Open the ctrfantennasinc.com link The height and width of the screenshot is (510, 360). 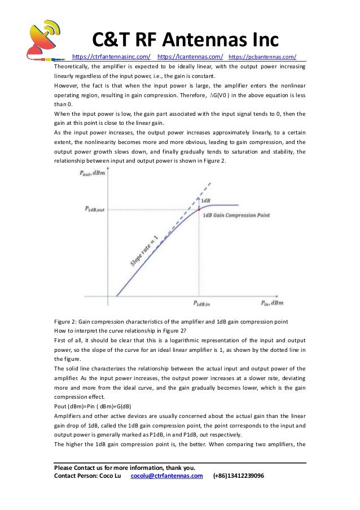tap(112, 56)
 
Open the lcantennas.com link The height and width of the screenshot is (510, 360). tap(190, 56)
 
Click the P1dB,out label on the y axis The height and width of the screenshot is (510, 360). tap(95, 209)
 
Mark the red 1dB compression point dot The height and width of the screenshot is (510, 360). tap(200, 210)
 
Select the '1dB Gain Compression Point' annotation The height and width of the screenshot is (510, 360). tap(236, 215)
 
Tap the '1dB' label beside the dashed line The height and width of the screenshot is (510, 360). tap(207, 200)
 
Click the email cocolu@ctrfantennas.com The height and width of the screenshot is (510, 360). tap(166, 476)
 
